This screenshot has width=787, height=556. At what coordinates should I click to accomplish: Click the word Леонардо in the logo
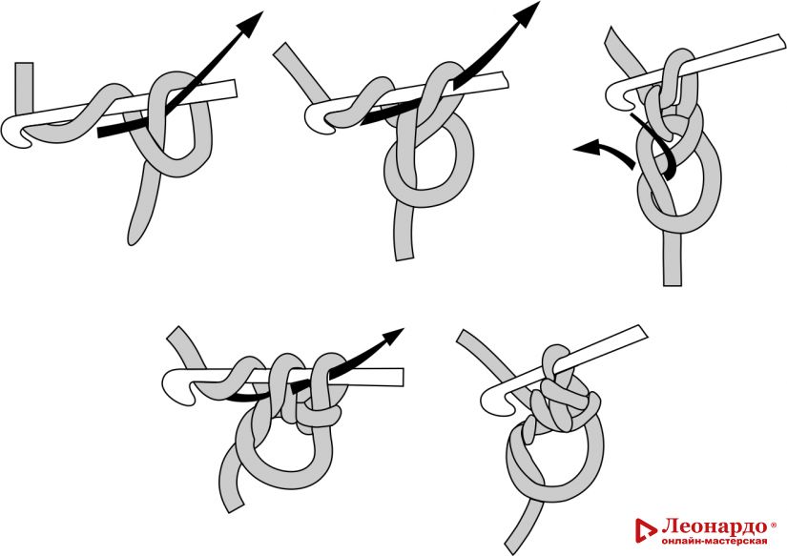click(x=715, y=526)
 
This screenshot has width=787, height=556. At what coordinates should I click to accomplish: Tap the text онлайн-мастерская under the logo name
click(x=715, y=541)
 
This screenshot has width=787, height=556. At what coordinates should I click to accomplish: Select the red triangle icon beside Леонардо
click(x=646, y=531)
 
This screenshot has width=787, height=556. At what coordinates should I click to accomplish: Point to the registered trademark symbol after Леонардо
click(x=773, y=525)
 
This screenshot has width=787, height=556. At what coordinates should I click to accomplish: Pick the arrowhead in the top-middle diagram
click(x=526, y=14)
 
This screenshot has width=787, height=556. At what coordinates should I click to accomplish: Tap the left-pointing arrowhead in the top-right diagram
click(x=587, y=148)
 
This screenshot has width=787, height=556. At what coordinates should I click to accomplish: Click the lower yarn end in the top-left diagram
click(x=133, y=240)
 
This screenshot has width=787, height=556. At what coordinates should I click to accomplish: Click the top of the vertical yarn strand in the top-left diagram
click(x=24, y=65)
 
